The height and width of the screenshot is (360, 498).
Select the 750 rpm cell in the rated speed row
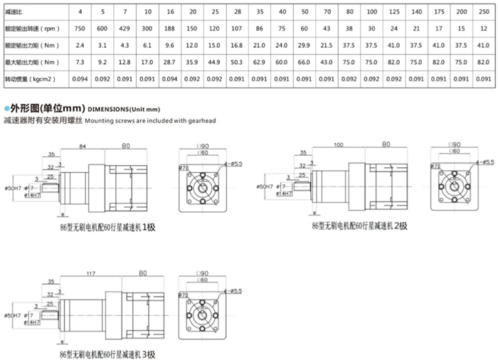80,29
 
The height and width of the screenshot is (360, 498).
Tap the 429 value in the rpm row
125,29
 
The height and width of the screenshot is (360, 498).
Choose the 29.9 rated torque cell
304,46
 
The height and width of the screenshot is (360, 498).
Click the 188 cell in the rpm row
170,29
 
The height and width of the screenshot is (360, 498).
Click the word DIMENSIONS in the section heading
106,109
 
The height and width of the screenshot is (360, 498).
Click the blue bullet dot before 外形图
6,108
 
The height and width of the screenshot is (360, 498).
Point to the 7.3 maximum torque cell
80,62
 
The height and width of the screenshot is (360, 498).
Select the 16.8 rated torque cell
236,46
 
